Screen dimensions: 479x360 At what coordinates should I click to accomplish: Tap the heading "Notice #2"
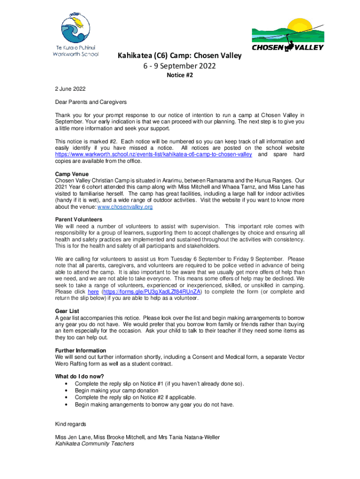click(180, 75)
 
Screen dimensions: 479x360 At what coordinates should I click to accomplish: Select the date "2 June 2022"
click(70, 88)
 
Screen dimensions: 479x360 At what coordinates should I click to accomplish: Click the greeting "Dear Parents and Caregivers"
click(91, 102)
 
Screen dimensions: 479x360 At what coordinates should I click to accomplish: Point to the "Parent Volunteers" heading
click(79, 219)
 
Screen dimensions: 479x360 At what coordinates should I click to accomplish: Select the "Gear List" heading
click(67, 311)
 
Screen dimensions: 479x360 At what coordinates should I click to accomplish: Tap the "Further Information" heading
click(80, 350)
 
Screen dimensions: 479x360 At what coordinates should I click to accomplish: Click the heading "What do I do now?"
click(79, 377)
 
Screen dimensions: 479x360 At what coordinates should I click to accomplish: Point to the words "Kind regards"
click(71, 424)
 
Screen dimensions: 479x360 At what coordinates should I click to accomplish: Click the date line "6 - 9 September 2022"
click(180, 66)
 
